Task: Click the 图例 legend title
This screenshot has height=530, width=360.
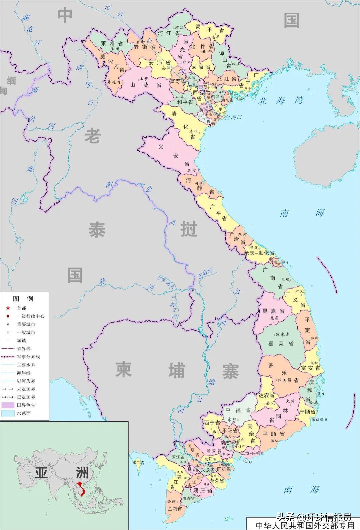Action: pos(23,299)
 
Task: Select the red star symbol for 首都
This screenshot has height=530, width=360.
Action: pos(8,308)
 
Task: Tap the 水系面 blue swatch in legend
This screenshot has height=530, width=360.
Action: pos(8,413)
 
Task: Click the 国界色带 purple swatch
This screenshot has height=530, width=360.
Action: pos(8,405)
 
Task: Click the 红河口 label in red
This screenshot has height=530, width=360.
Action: pos(234,117)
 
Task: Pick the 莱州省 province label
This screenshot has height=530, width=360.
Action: pos(112,44)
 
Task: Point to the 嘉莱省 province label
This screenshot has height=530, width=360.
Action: pos(281,343)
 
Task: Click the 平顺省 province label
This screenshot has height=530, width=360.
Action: pos(273,433)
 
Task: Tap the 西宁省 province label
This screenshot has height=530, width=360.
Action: pos(212,423)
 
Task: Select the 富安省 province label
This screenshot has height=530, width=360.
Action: pos(310,368)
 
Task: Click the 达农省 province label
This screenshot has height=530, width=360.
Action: pos(267,395)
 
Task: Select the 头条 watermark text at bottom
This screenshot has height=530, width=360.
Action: pos(287,517)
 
